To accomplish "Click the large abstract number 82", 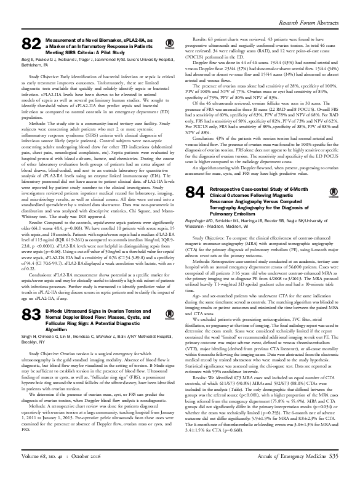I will [x=31, y=44].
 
